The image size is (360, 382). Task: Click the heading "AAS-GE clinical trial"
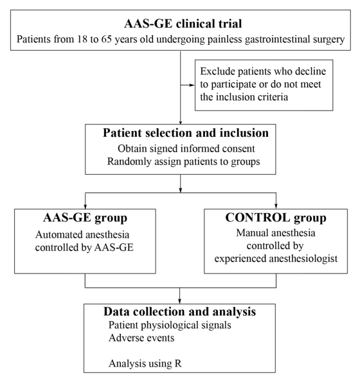coord(183,24)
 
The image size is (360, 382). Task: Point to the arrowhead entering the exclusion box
coord(192,85)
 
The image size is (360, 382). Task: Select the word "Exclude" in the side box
coord(217,71)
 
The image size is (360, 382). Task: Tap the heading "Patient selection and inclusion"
coord(186,133)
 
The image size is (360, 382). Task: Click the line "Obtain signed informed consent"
coord(186,148)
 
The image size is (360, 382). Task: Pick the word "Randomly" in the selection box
coord(129,162)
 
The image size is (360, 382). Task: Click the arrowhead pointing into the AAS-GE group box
coord(85,206)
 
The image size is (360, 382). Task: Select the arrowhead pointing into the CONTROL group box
coord(276,206)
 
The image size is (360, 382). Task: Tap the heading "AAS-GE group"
coord(85,218)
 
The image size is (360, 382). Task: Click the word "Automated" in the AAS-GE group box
coord(59,234)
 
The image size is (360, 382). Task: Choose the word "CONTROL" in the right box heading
coord(258,218)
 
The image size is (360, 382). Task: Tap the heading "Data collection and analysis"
coord(180,311)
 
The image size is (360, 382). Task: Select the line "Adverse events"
coord(141,338)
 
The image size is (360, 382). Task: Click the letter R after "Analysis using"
coord(178,363)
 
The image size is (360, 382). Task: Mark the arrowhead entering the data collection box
coord(179,301)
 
